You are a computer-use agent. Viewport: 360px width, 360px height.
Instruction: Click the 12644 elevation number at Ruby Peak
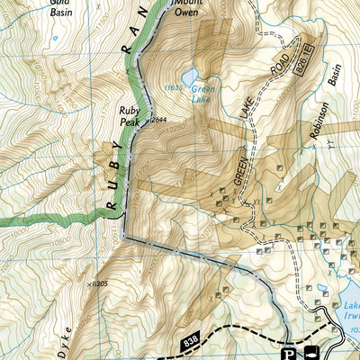click(159, 119)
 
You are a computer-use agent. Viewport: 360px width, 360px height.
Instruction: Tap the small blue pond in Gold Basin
click(53, 38)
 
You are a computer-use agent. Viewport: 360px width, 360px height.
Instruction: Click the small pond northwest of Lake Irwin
click(322, 289)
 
